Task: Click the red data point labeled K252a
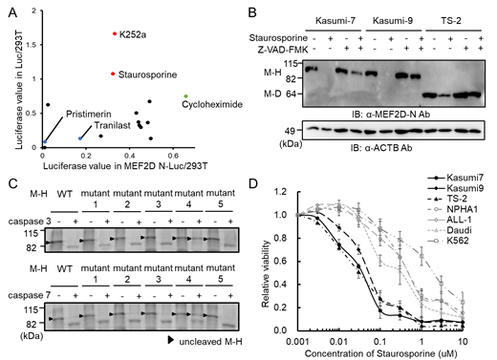(113, 33)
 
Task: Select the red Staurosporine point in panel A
(112, 74)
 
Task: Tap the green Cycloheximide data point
(184, 96)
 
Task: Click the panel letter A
(7, 9)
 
